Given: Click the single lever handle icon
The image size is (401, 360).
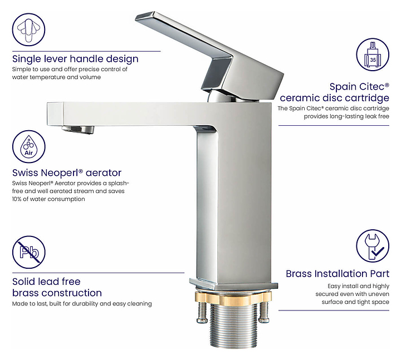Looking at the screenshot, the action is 28,29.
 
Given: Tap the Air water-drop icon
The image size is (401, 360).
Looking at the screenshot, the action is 28,147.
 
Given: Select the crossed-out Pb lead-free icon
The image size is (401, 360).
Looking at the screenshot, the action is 28,252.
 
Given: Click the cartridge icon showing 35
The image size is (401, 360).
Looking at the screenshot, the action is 373,55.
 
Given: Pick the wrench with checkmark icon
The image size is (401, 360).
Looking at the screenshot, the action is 373,246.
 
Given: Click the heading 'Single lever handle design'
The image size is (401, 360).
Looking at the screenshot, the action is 75,59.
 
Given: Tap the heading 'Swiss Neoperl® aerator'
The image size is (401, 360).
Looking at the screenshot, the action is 67,173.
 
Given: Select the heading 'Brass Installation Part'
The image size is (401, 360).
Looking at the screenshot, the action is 338,274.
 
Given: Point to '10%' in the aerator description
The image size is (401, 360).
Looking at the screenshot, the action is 17,199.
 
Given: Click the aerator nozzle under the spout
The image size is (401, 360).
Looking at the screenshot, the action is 78,130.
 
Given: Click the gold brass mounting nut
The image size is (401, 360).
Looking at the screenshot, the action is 233,297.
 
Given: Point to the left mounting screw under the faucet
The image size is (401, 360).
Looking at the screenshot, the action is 202,312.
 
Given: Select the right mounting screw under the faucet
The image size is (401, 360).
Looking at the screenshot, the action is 263,312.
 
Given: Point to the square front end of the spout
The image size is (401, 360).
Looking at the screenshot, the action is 55,114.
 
